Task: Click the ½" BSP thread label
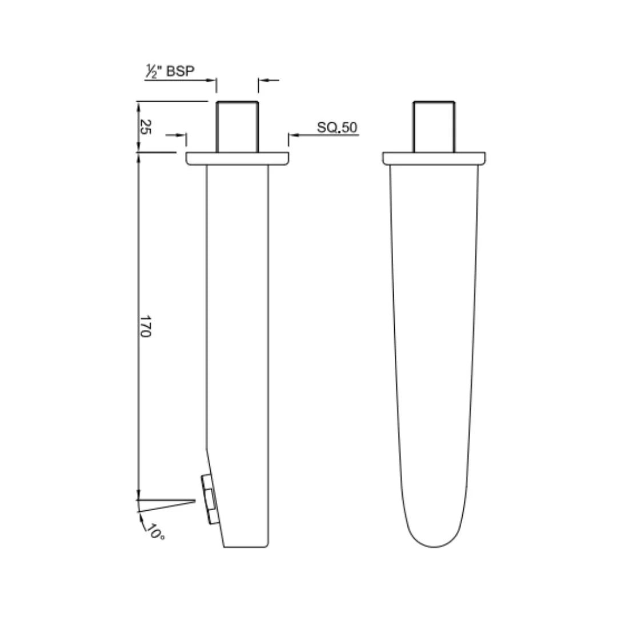pyautogui.click(x=170, y=71)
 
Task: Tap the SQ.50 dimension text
pyautogui.click(x=337, y=127)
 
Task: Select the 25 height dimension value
pyautogui.click(x=145, y=127)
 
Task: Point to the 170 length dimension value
pyautogui.click(x=145, y=326)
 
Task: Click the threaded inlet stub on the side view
pyautogui.click(x=237, y=127)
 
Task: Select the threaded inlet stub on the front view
pyautogui.click(x=434, y=127)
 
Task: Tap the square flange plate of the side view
pyautogui.click(x=237, y=159)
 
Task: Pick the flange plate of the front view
pyautogui.click(x=434, y=159)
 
